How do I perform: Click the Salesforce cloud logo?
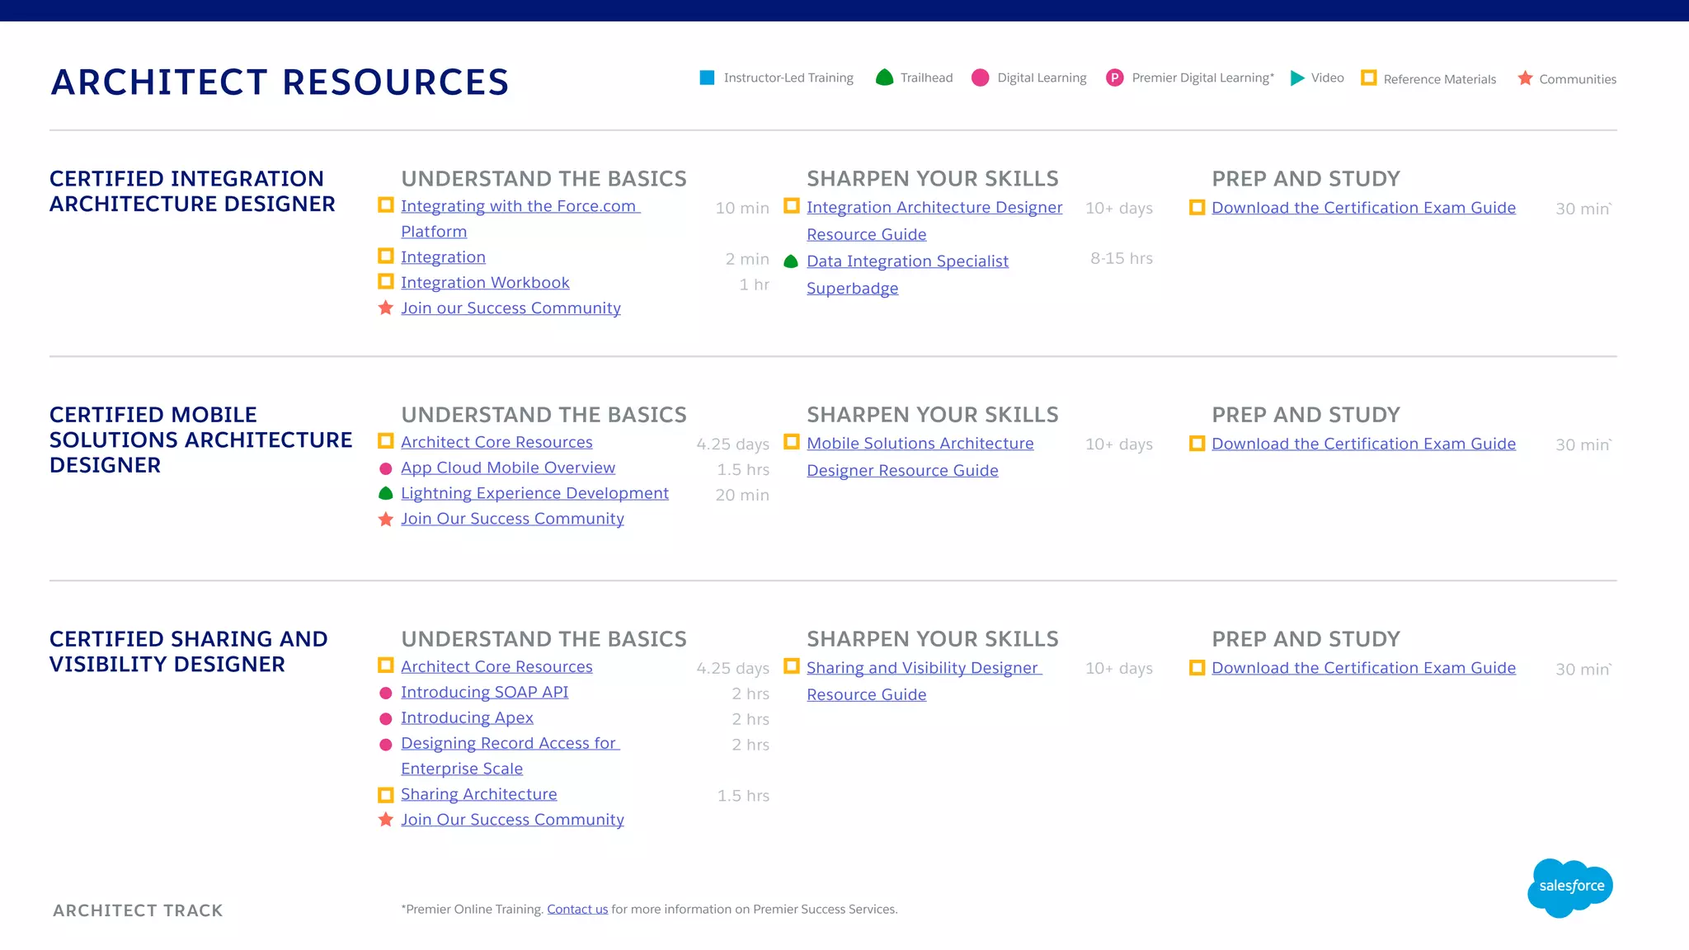pos(1570,887)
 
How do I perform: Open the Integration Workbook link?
pos(485,283)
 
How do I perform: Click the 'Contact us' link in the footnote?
pos(577,910)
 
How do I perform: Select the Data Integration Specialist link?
pos(907,261)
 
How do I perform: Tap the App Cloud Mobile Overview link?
pos(508,468)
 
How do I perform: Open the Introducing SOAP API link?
pos(484,693)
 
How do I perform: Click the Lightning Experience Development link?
pos(534,494)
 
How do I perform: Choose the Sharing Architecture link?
pos(478,795)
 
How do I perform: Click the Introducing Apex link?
pos(467,718)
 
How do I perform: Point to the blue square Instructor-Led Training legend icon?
pos(707,78)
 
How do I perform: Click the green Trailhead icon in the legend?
pos(884,78)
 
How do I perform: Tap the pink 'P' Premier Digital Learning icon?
pos(1114,78)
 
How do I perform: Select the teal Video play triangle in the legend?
pos(1297,78)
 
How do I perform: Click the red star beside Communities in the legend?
pos(1525,78)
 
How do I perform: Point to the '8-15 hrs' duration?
pos(1121,259)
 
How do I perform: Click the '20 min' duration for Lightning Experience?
pos(742,496)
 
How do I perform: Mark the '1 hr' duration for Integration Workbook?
pos(754,285)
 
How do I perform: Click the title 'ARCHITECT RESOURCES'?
pos(280,82)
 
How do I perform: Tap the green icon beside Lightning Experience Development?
pos(385,494)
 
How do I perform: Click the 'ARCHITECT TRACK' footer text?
pos(138,910)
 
